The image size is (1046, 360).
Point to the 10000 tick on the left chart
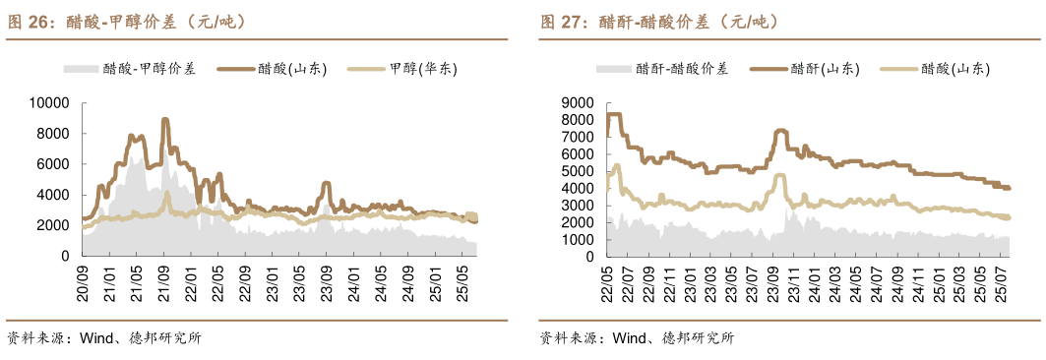pos(48,102)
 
